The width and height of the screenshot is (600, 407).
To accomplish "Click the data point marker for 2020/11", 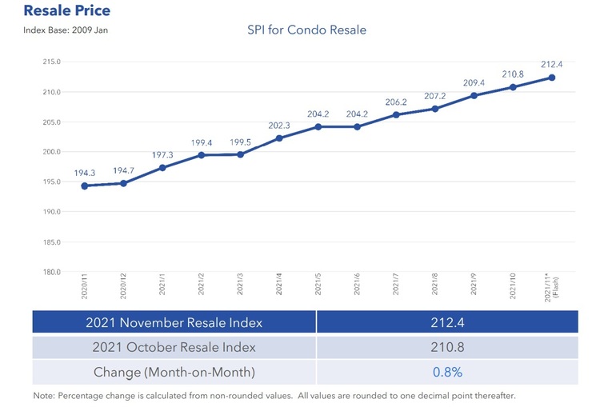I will click(84, 186).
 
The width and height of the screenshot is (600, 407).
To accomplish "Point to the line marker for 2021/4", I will click(279, 138).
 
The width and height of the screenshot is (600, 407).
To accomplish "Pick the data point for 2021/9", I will click(474, 95).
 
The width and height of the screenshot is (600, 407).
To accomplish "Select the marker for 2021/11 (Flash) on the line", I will click(552, 78).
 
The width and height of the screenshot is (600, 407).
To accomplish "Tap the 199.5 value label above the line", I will click(240, 140).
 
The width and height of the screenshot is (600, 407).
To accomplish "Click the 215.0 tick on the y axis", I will click(52, 62).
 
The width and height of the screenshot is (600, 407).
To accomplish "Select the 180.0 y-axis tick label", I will click(52, 272).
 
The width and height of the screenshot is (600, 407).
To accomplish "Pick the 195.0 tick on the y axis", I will click(52, 182).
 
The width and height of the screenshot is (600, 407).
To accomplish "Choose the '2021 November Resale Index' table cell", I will click(174, 322).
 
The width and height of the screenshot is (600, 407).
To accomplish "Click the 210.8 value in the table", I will click(447, 348).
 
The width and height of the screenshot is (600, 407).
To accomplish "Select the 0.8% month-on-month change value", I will click(447, 372).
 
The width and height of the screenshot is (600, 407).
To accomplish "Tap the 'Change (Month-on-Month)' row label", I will click(174, 372).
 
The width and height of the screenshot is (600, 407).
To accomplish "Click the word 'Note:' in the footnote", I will click(45, 396).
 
